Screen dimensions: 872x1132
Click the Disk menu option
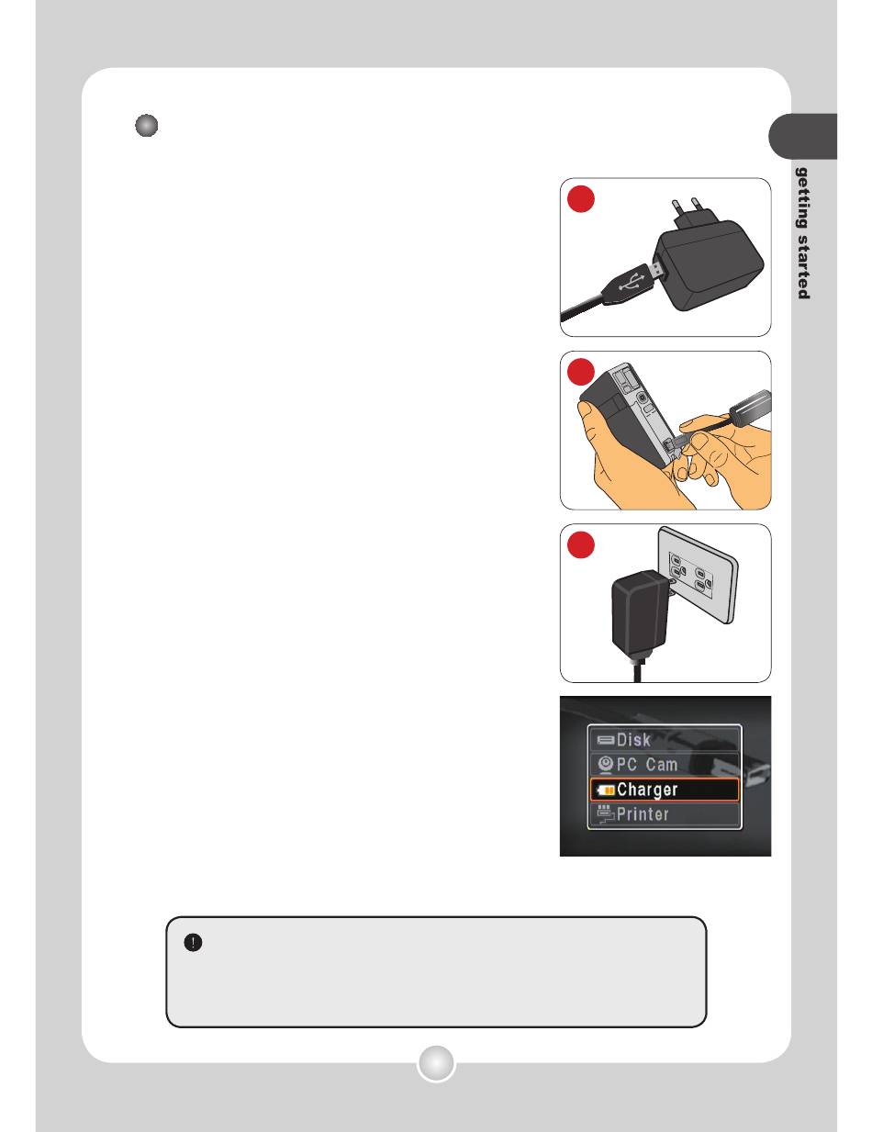[x=664, y=739]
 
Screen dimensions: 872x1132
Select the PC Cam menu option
[x=664, y=764]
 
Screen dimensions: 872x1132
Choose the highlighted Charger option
[x=664, y=790]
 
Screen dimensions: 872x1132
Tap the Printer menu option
[x=664, y=814]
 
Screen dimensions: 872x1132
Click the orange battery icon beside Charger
[x=606, y=790]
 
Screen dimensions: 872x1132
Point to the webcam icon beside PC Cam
[x=605, y=765]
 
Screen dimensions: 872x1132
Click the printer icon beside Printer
[x=606, y=813]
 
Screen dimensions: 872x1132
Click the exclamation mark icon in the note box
[x=193, y=942]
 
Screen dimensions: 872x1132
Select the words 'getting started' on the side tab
[x=803, y=233]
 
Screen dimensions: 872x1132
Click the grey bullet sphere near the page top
[x=146, y=126]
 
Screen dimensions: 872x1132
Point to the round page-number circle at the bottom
[x=436, y=1063]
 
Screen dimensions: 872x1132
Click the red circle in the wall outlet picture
[x=580, y=545]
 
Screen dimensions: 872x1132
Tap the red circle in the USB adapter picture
[x=580, y=199]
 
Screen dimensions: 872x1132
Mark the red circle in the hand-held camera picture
[x=580, y=372]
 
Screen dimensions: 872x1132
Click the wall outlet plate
[x=697, y=575]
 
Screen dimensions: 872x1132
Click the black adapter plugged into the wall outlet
[x=640, y=615]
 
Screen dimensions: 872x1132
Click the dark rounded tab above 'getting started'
[x=802, y=136]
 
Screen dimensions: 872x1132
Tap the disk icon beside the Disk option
[x=606, y=740]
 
